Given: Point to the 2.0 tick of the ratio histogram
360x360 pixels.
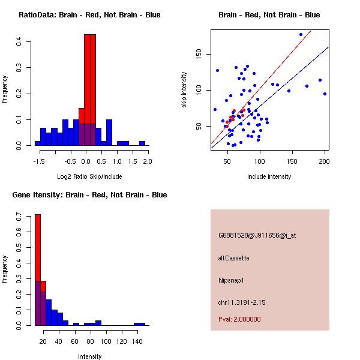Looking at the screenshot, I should pos(148,161).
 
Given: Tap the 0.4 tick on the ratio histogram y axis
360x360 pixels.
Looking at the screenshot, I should pos(20,42).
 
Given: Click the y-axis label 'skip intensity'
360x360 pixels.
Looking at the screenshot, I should pos(185,90).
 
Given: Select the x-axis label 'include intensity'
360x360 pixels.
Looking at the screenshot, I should pos(269,176).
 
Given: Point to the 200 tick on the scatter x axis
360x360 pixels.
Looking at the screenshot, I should pos(325,161).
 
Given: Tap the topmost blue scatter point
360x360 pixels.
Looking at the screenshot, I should pos(301,34).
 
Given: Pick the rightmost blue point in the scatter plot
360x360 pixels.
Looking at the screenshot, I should pos(325,94).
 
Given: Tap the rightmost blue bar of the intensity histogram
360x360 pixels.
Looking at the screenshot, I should pos(139,324).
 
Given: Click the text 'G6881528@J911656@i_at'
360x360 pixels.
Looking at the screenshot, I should pos(257,235).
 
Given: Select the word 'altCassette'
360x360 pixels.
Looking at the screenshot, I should pos(233,258).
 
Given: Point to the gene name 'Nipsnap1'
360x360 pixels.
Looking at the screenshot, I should pos(231,280).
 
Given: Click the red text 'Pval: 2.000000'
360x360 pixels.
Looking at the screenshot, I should pos(239,319).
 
